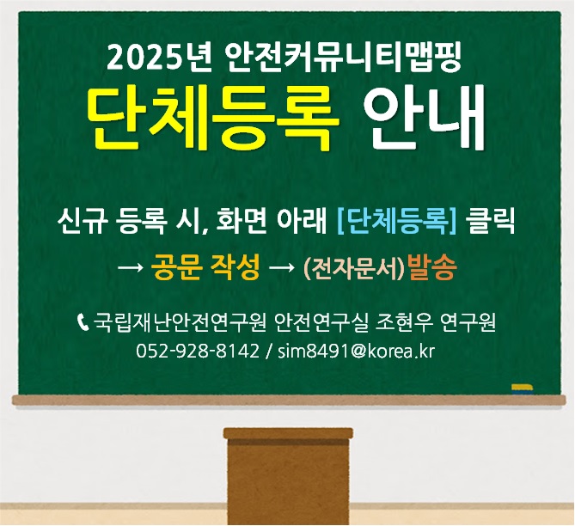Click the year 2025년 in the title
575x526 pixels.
pos(159,58)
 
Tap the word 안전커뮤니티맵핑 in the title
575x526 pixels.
pos(344,58)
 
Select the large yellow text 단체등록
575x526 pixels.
pos(213,119)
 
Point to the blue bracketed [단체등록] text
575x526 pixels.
pos(397,221)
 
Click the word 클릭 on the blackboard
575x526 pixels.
pos(490,221)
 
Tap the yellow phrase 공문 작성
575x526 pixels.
pos(205,266)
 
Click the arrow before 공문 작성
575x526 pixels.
pos(130,268)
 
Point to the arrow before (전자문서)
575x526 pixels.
pos(282,268)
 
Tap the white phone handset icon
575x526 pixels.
pos(83,321)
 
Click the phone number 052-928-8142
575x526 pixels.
pos(198,351)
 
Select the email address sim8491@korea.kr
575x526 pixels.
pos(356,351)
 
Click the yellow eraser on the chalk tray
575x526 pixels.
pos(523,388)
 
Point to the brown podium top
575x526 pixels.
pos(288,433)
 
